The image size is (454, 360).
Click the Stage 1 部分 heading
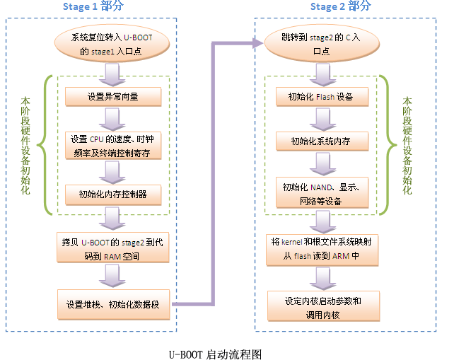(x=92, y=7)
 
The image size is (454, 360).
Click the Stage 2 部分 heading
(x=340, y=7)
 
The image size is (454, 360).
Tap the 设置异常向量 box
(x=114, y=95)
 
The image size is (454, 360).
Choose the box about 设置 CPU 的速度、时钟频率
(x=113, y=144)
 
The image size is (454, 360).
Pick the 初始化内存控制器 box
(x=114, y=193)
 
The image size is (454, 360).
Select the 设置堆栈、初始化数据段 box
(x=114, y=305)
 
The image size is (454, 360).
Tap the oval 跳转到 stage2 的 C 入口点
(x=321, y=42)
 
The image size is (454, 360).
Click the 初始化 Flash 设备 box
(x=321, y=95)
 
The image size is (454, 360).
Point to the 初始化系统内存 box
(x=321, y=141)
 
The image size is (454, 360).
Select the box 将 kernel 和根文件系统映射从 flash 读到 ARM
(x=321, y=248)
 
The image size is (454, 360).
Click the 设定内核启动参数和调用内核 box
(x=322, y=306)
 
